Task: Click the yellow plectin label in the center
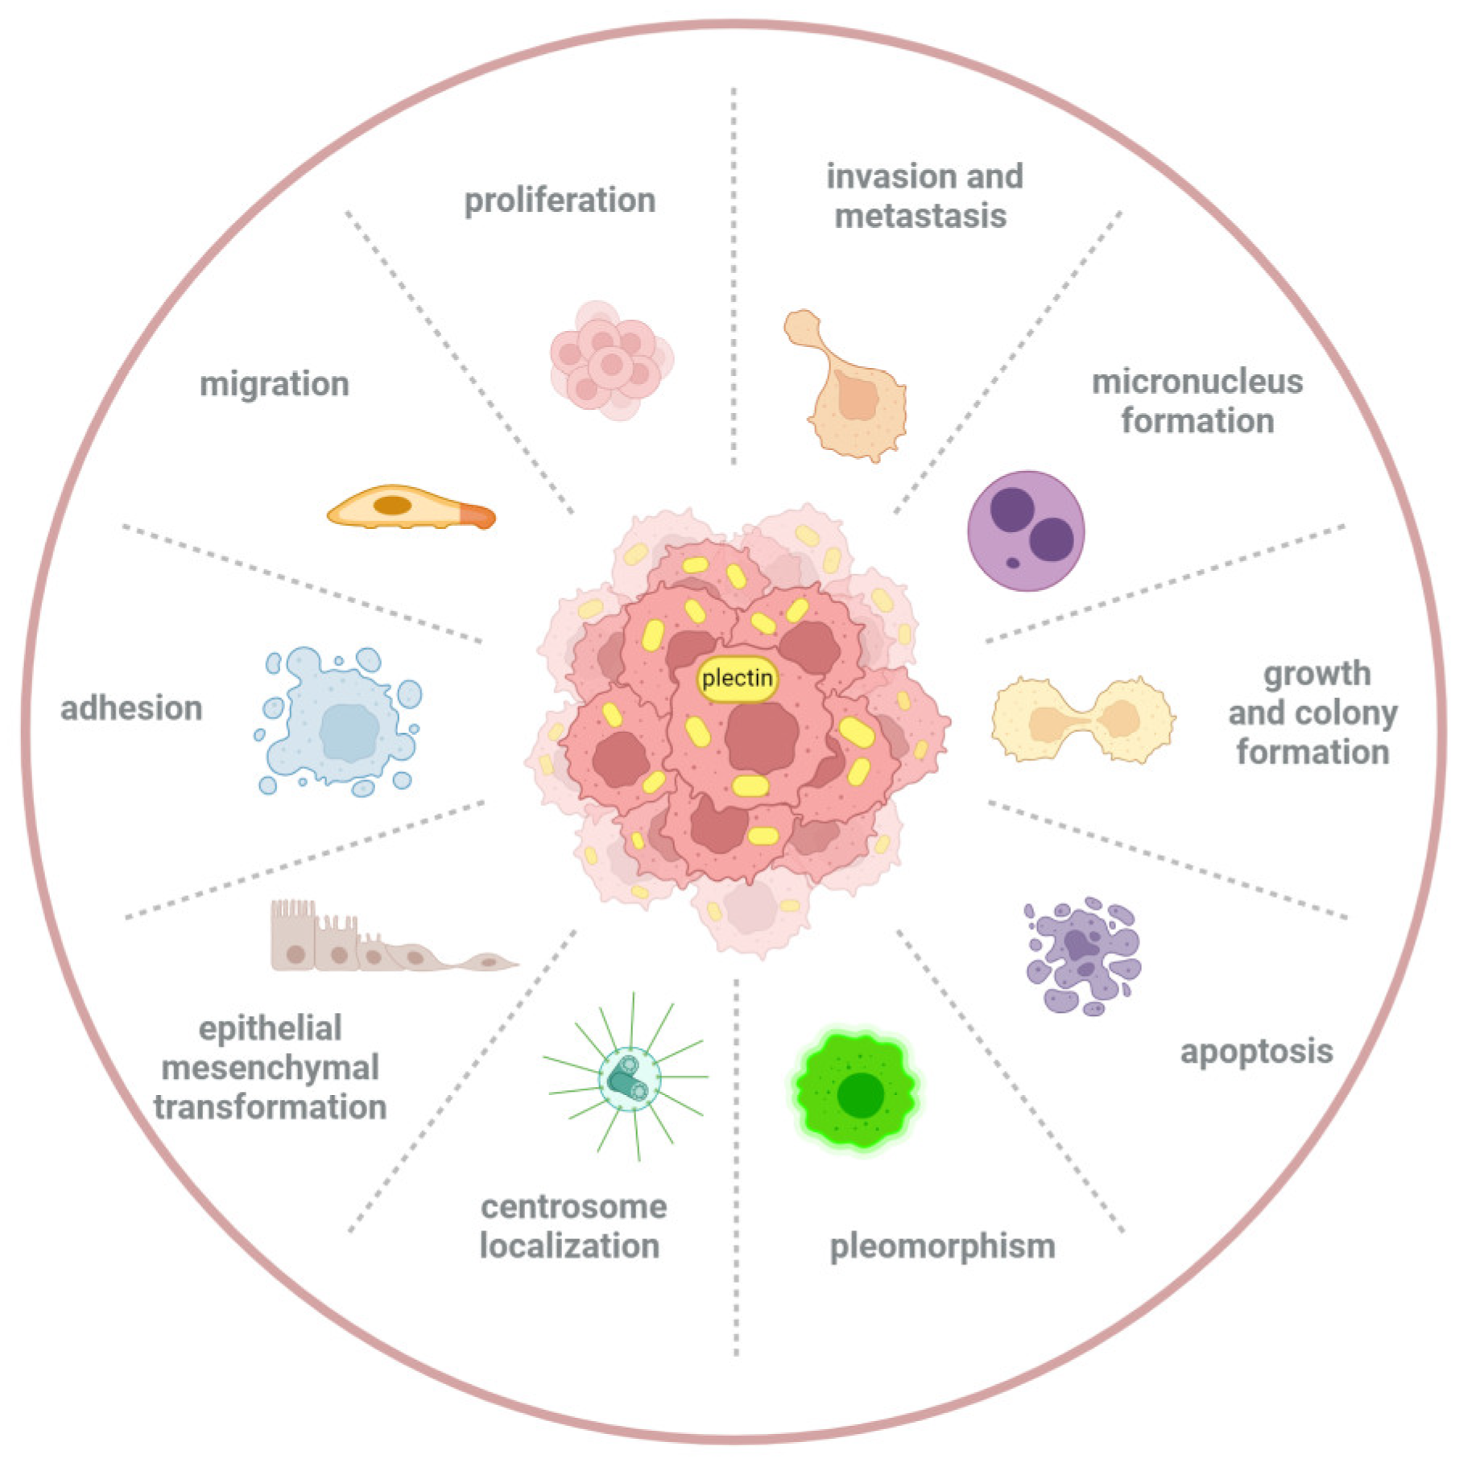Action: (736, 678)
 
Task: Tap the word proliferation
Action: (560, 200)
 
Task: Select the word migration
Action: (274, 384)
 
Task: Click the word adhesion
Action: (131, 709)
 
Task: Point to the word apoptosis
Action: (1256, 1052)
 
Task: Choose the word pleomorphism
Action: (942, 1246)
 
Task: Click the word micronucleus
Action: (1197, 382)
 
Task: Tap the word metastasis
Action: (920, 216)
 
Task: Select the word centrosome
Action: (573, 1207)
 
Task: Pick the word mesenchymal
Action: (270, 1068)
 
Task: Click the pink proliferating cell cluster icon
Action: (611, 362)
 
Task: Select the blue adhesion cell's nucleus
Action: (349, 732)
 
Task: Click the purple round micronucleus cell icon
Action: (1025, 531)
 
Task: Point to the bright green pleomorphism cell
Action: (857, 1092)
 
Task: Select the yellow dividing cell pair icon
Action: (1082, 719)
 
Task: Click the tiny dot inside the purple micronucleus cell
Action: (1013, 563)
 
